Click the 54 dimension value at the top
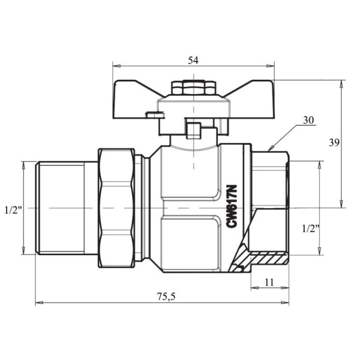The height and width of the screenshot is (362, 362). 193,60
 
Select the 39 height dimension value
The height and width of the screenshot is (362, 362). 334,142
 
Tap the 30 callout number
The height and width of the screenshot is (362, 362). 308,120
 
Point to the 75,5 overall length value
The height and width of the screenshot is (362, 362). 167,297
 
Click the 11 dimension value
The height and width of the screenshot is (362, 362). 269,282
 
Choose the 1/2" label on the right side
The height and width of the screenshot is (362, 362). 310,229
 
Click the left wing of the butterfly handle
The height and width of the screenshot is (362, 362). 134,99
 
